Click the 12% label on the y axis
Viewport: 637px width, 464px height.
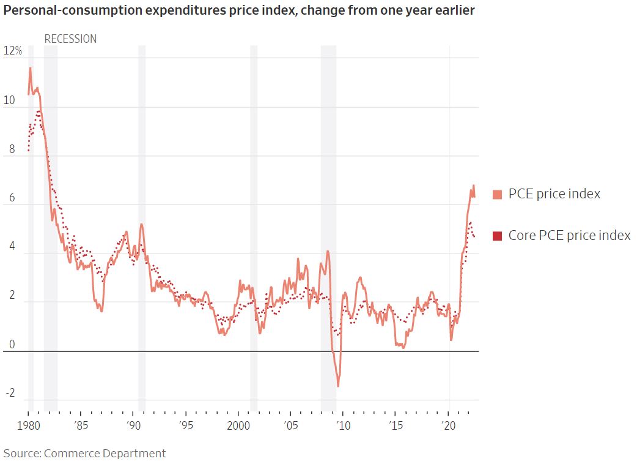click(13, 51)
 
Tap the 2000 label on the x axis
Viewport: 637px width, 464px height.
click(238, 425)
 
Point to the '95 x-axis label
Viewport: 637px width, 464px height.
click(186, 425)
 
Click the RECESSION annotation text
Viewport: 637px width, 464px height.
click(70, 39)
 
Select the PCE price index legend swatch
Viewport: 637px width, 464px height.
click(497, 195)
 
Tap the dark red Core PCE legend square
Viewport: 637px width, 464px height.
click(497, 236)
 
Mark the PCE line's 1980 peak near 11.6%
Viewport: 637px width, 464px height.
click(30, 69)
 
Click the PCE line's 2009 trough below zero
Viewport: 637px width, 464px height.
click(338, 386)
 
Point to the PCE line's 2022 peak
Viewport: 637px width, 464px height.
click(473, 186)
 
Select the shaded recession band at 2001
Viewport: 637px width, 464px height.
click(254, 226)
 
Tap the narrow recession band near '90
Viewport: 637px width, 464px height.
click(142, 226)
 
